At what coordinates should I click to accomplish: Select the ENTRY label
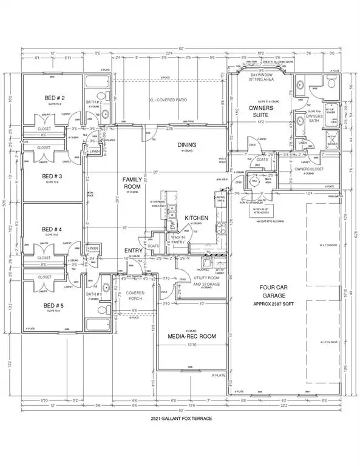coord(134,250)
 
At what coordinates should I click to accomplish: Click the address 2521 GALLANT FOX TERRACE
coord(180,419)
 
